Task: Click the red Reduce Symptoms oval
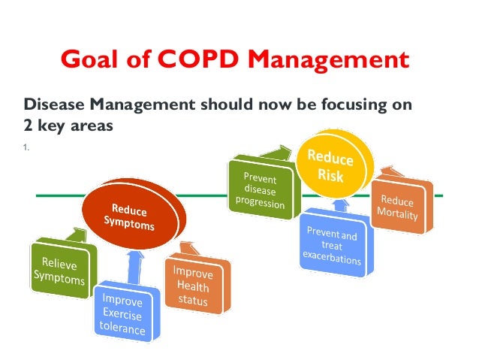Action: [x=131, y=215]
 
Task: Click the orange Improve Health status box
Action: [x=193, y=285]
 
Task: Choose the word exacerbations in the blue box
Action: [x=332, y=260]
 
